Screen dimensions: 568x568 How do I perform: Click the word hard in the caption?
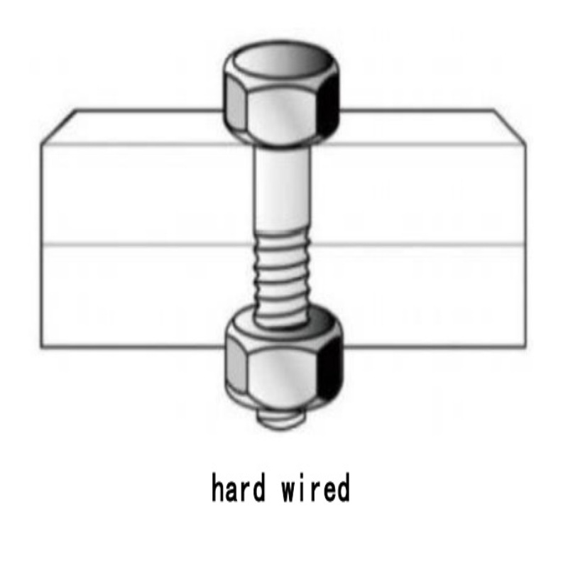pyautogui.click(x=239, y=489)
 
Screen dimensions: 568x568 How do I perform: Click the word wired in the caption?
pyautogui.click(x=315, y=489)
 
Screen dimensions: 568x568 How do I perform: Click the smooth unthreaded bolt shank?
pyautogui.click(x=282, y=188)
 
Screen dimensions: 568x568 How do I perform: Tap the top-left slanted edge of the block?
pyautogui.click(x=59, y=127)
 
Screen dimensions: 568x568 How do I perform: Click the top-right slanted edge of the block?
pyautogui.click(x=510, y=127)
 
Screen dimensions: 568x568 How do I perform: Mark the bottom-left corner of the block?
pyautogui.click(x=42, y=347)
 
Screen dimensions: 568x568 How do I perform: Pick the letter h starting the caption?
pyautogui.click(x=219, y=489)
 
